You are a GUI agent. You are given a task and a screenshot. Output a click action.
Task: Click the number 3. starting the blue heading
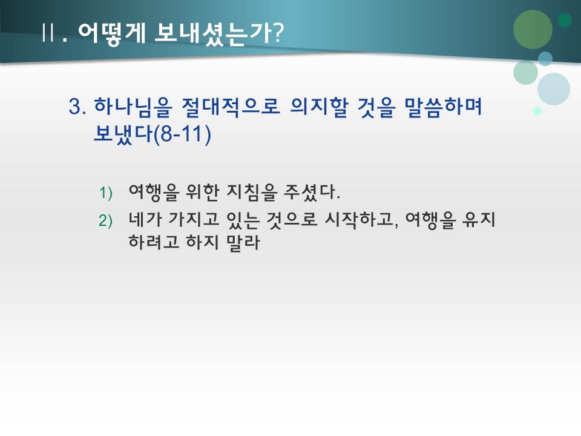[x=78, y=107]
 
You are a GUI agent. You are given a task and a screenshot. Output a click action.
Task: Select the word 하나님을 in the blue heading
[x=125, y=107]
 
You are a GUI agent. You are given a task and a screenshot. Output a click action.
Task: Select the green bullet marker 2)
[x=106, y=221]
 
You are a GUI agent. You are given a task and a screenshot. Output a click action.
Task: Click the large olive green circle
[x=533, y=29]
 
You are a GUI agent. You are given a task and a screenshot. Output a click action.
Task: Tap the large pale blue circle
[x=553, y=89]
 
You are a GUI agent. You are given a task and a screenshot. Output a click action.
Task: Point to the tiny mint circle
[x=537, y=111]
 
